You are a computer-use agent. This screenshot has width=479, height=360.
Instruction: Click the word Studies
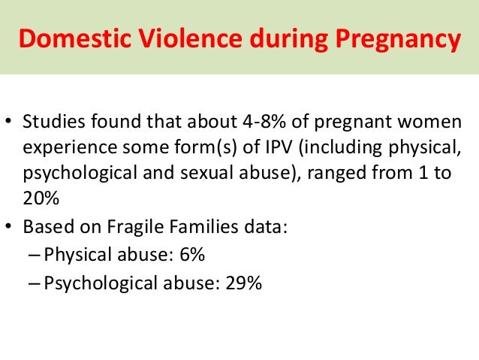(53, 123)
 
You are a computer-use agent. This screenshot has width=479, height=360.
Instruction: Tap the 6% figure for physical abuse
(192, 255)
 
